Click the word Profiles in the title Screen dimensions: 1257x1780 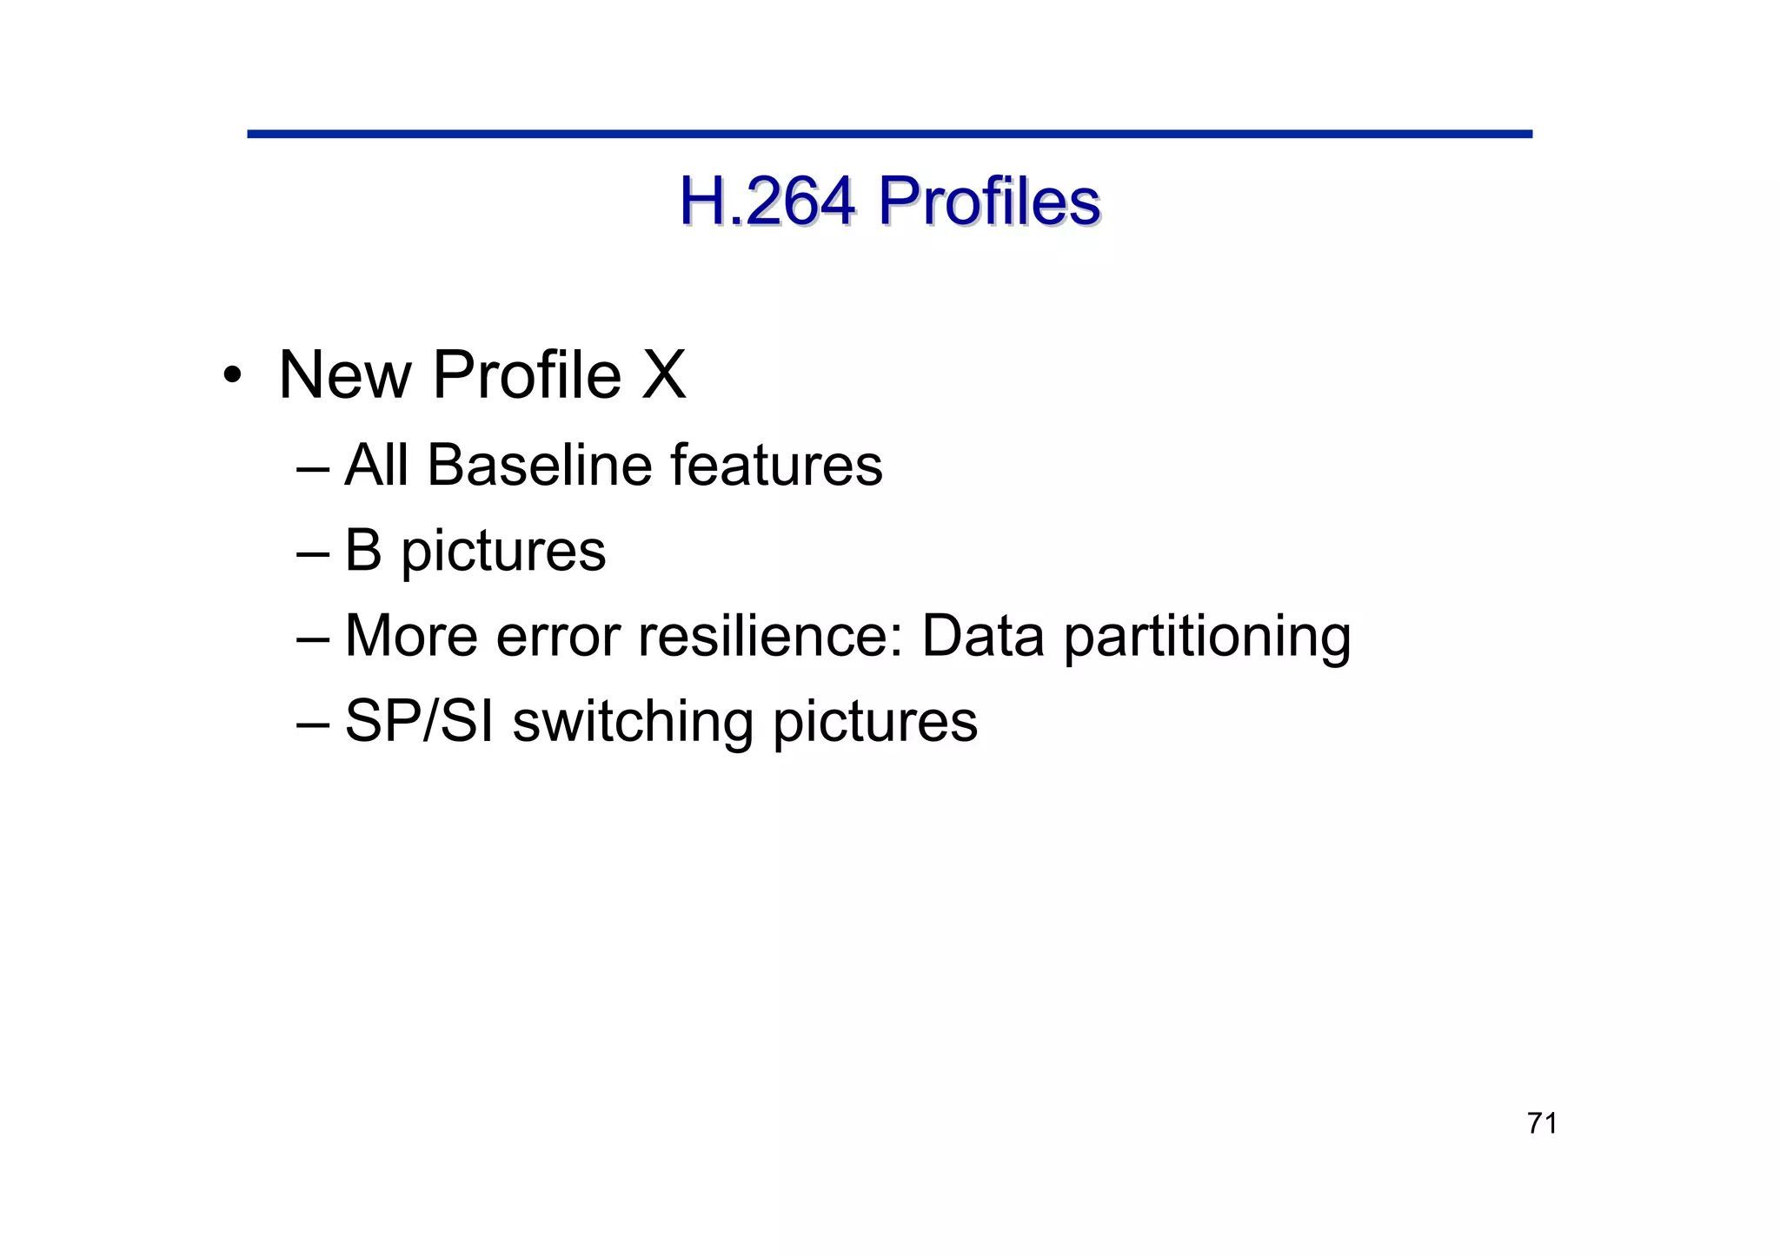tap(988, 202)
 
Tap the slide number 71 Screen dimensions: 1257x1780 tap(1542, 1123)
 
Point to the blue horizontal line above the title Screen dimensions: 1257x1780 tap(889, 134)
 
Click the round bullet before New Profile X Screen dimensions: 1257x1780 tap(231, 376)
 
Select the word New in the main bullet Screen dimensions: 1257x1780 tap(345, 375)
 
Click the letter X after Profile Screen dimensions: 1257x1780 tap(664, 375)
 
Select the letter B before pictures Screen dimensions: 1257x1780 tap(363, 551)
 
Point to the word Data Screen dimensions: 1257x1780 tap(982, 635)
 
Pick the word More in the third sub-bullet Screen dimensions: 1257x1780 tap(411, 635)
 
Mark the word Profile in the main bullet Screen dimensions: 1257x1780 tap(527, 375)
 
